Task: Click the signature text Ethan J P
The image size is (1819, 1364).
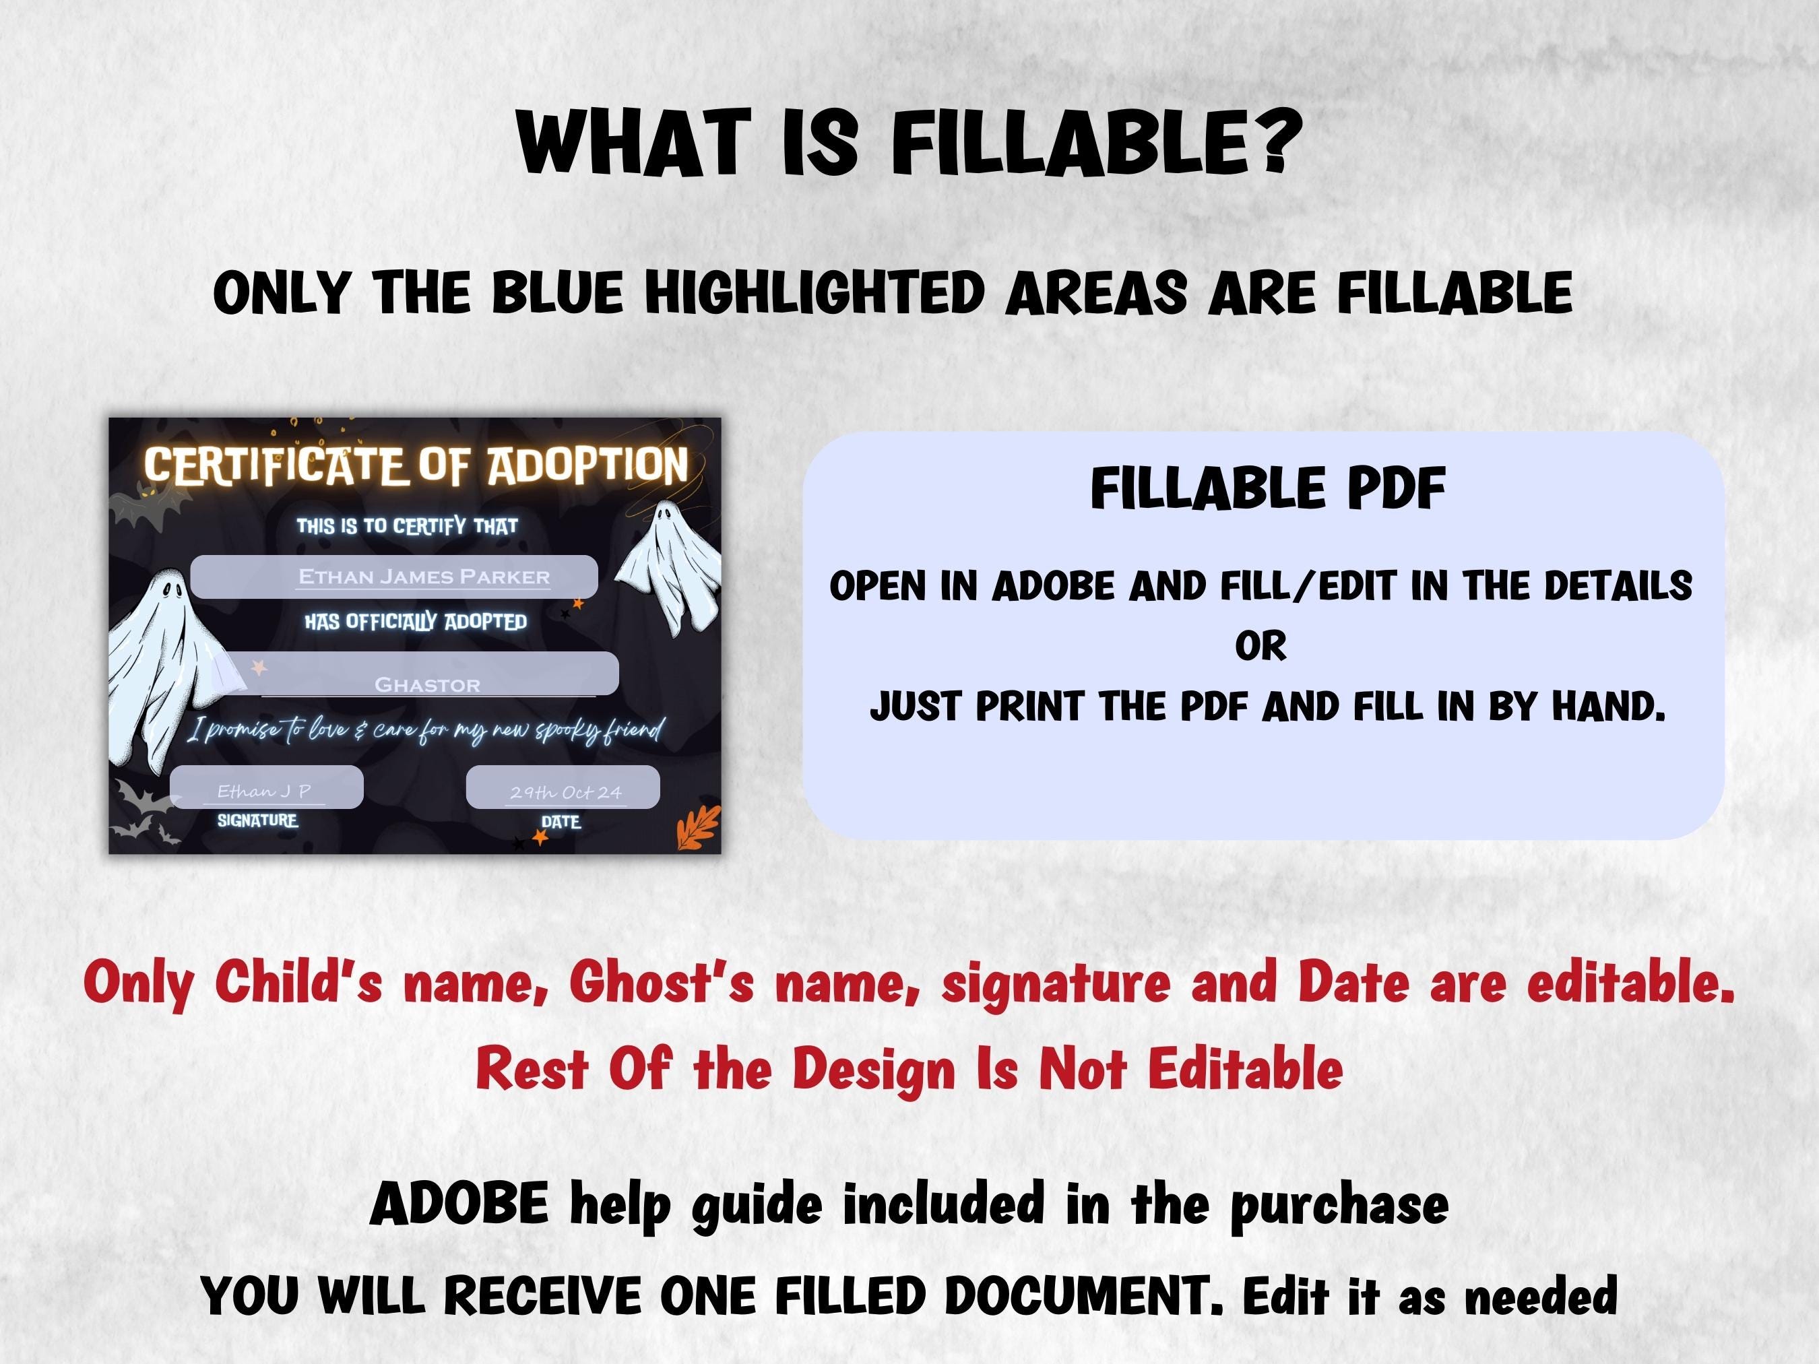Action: [264, 791]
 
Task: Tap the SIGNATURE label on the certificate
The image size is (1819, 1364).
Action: [257, 820]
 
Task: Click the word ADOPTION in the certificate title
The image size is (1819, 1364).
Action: [588, 465]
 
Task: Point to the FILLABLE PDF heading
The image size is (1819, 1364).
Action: [1268, 488]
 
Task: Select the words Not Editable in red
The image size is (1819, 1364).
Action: [1190, 1069]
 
